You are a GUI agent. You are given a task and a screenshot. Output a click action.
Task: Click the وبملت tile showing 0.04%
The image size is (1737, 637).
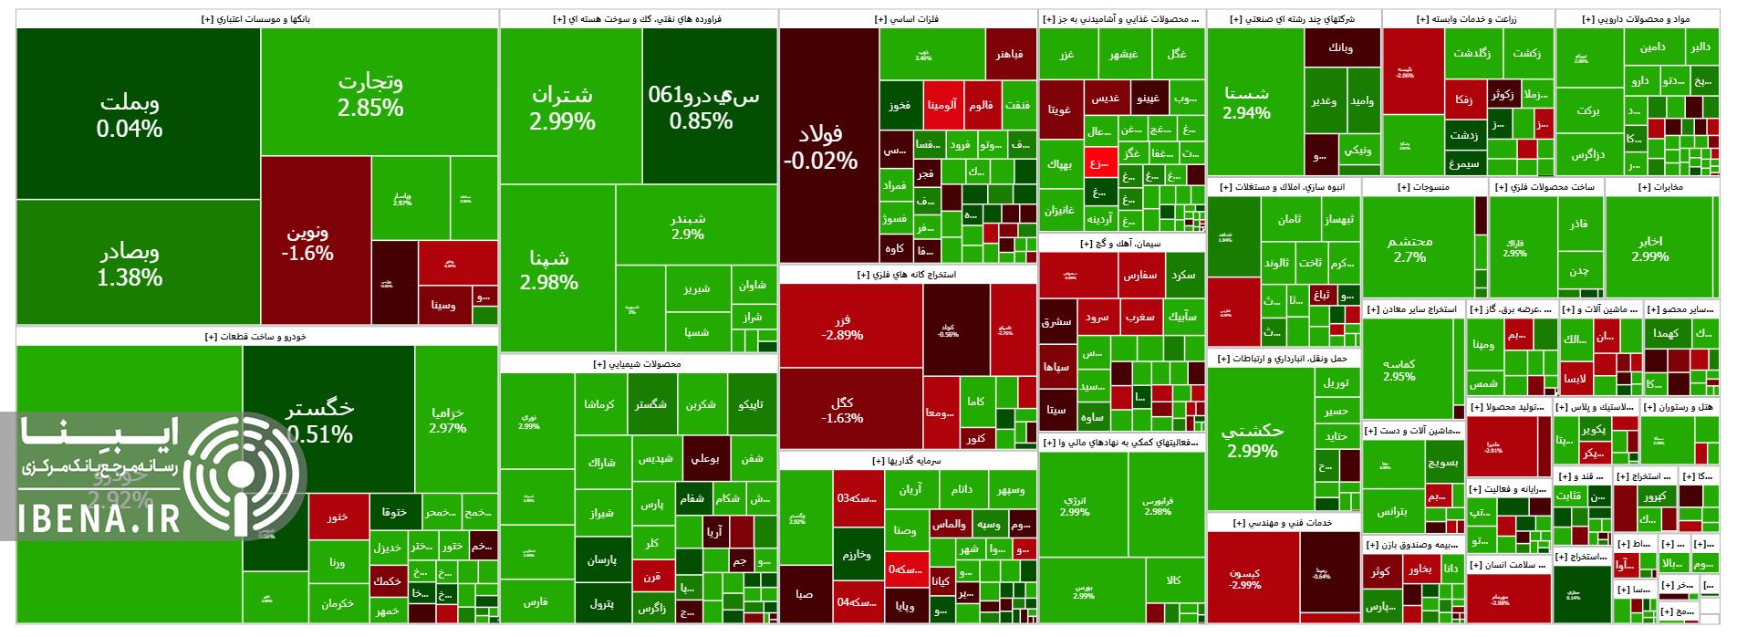pos(130,115)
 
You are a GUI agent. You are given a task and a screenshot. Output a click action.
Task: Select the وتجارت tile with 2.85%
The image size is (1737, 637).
pos(370,94)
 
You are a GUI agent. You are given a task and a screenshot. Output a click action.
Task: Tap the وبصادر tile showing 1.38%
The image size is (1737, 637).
pos(130,264)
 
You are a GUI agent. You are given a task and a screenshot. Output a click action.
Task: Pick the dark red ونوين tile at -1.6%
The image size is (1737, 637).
pos(307,242)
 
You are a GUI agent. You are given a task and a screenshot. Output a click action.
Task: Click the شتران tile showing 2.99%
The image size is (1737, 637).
pos(562,107)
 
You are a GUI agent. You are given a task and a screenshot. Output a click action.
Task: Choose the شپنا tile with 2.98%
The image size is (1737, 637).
pos(548,270)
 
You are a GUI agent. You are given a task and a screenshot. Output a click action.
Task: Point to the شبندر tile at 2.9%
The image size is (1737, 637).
pos(688,226)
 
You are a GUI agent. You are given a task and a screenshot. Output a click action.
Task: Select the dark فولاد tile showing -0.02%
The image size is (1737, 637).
pos(820,146)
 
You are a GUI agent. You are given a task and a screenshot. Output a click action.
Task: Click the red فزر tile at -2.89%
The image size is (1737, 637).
pos(842,328)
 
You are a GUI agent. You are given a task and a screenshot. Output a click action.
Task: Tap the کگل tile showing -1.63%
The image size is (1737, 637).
pos(842,410)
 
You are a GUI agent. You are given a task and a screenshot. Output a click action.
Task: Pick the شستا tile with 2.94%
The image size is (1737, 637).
pos(1246,102)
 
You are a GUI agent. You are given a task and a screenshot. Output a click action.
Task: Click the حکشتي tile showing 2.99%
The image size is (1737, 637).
pos(1252,439)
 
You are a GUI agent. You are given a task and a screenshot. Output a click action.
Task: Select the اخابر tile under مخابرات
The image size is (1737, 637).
pos(1649,248)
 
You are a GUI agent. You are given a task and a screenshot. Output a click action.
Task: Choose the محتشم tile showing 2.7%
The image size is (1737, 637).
pos(1409,248)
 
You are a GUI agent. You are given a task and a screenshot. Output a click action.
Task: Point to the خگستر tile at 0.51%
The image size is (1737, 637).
pos(319,420)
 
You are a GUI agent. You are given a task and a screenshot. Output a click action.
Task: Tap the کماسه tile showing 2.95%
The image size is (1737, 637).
pos(1399,369)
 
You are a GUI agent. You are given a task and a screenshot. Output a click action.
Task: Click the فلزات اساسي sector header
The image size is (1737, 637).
pos(908,18)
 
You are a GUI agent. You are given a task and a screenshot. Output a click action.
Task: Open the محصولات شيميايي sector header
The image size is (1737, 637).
pos(638,363)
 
